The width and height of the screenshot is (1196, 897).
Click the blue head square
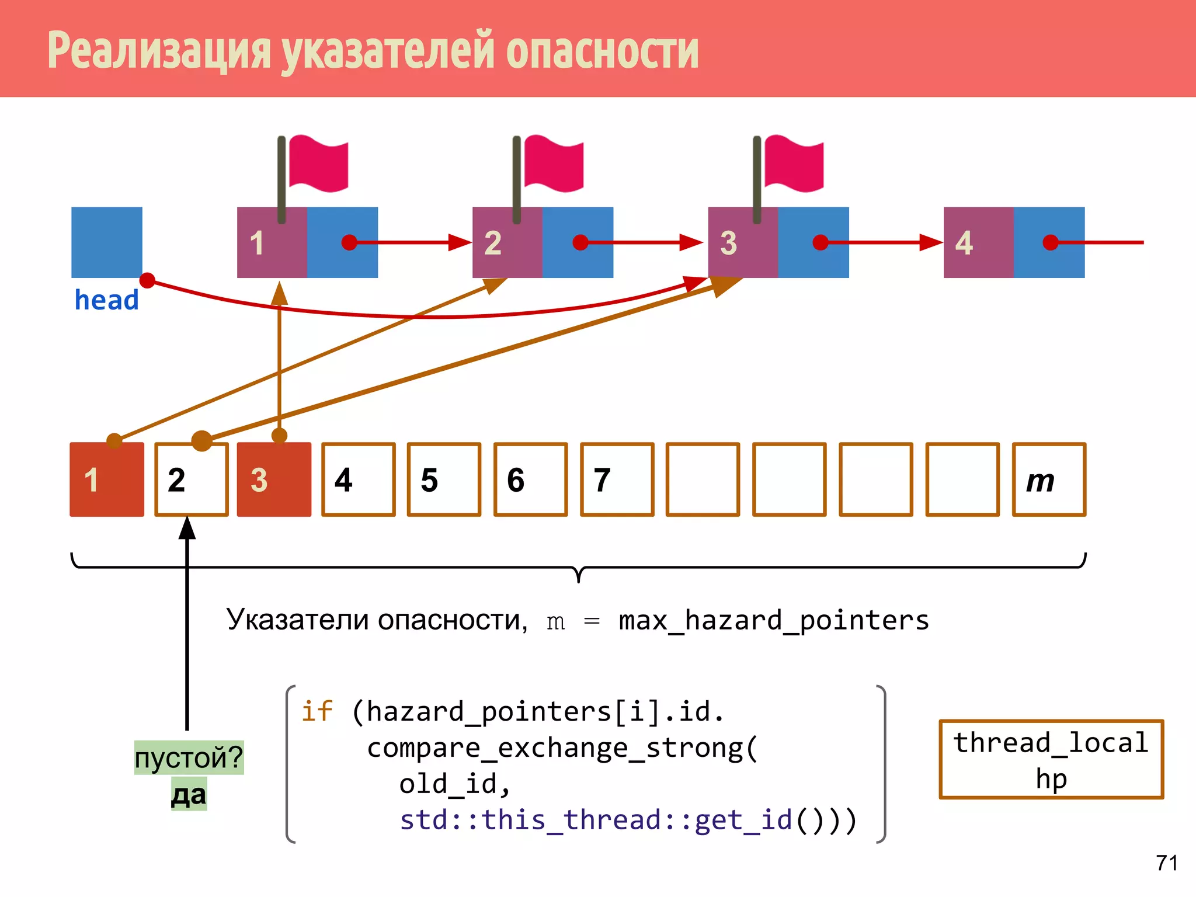click(106, 242)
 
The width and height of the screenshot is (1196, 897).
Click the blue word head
click(106, 300)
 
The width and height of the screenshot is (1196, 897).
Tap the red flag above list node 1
click(318, 164)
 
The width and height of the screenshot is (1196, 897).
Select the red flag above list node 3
click(794, 164)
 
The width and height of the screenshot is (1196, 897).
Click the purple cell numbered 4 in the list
click(978, 242)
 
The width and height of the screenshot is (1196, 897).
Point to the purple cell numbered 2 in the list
click(507, 242)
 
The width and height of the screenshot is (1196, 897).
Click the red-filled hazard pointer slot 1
click(106, 479)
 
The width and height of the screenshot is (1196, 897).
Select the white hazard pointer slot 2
click(191, 479)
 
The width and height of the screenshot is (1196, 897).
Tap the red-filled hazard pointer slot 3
click(274, 479)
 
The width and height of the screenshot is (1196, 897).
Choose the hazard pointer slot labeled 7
click(617, 479)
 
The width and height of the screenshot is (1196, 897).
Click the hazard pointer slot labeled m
click(1049, 479)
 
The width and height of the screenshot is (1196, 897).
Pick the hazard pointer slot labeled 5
click(444, 479)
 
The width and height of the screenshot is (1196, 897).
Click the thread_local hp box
click(1051, 759)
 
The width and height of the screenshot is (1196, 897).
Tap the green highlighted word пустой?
click(189, 757)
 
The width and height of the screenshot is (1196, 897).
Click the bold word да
click(189, 795)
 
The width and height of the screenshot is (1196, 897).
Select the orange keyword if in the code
click(317, 711)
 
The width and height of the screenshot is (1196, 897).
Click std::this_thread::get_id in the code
click(596, 820)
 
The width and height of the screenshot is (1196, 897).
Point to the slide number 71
click(1167, 863)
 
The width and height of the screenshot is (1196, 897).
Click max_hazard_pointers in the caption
click(773, 620)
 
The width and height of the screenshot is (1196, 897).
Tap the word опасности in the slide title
click(602, 51)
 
